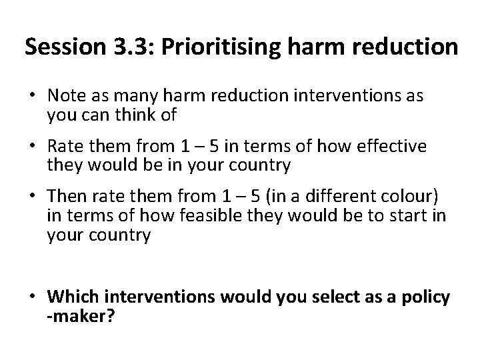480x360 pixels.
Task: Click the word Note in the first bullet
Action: (64, 97)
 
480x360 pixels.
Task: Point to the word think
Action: (140, 115)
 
